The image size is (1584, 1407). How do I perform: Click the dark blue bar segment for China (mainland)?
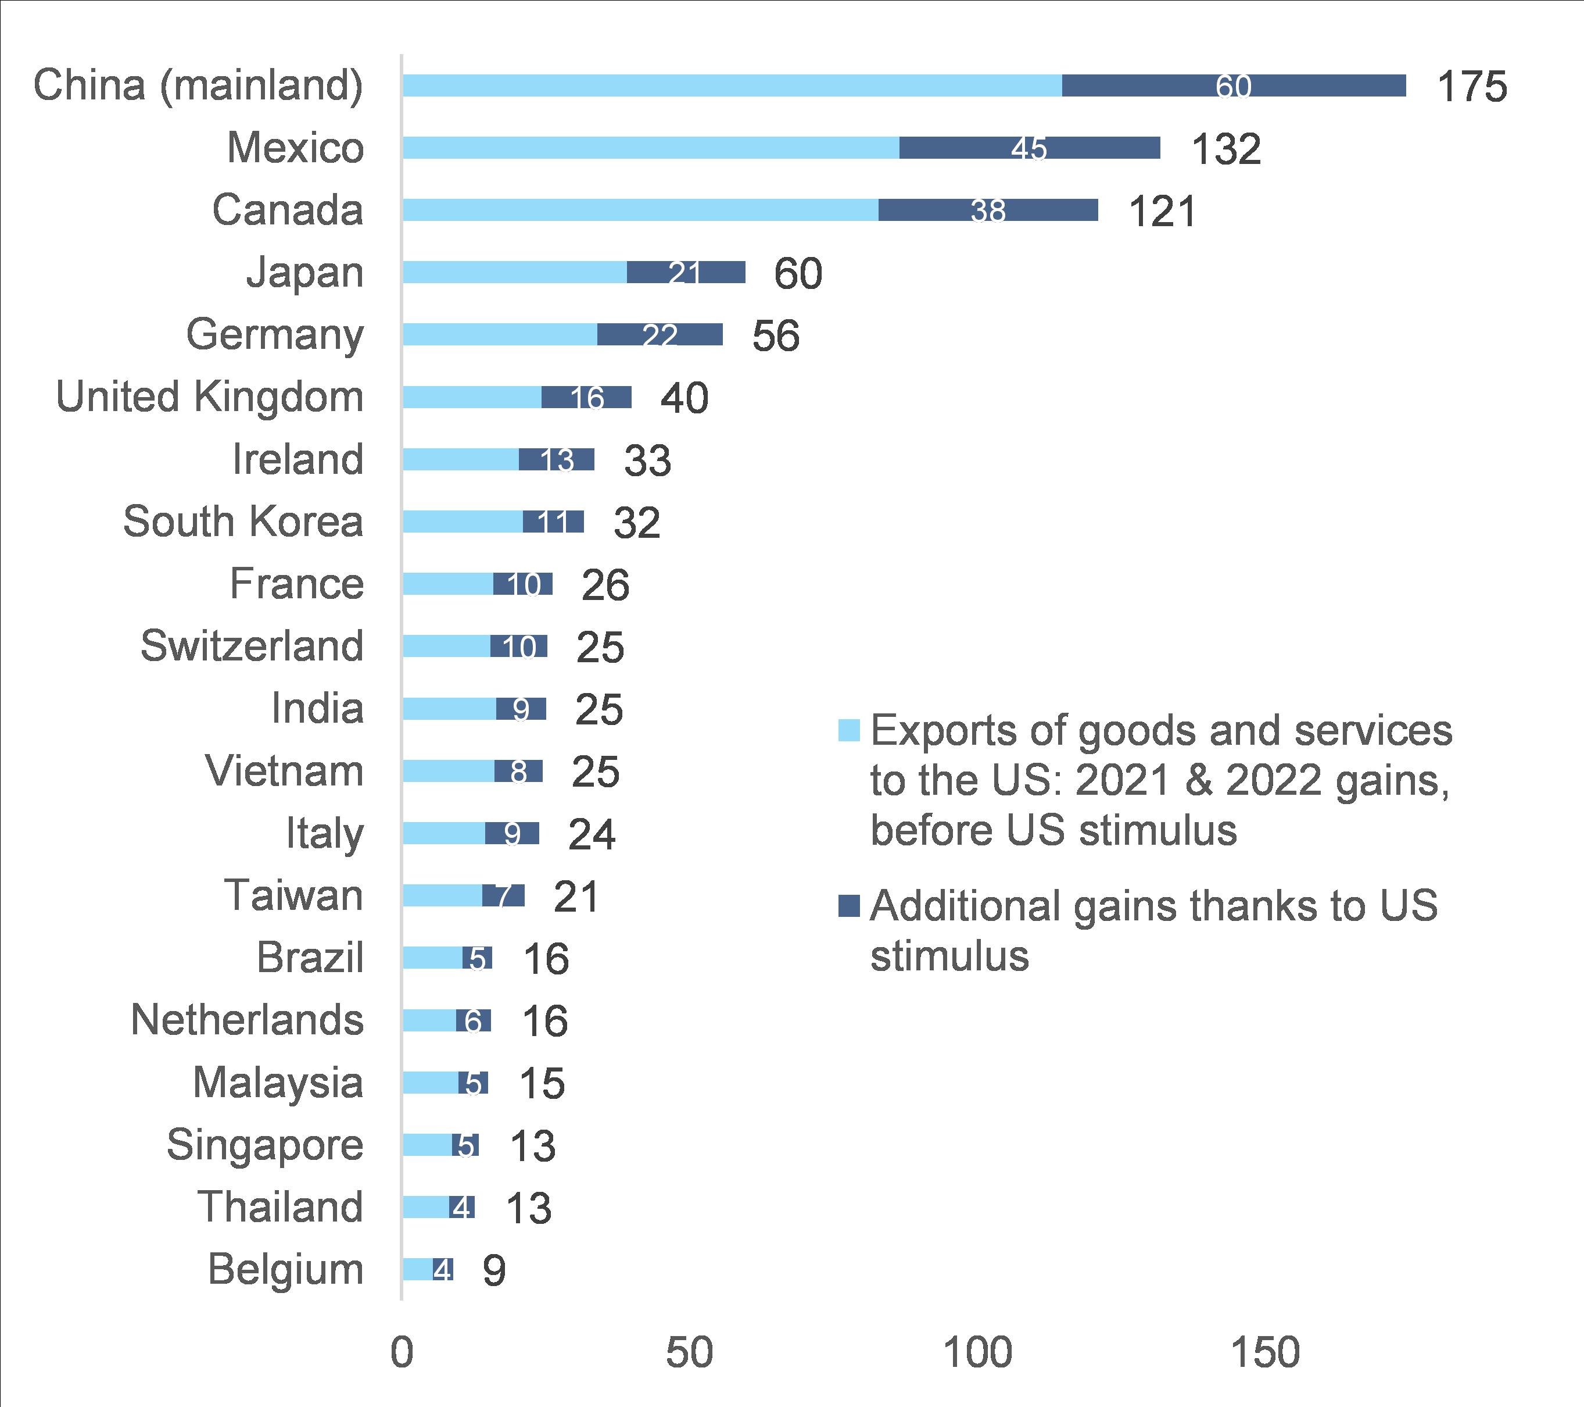1234,86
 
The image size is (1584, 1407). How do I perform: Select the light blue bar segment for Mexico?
651,148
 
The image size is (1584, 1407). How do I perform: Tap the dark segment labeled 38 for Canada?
988,210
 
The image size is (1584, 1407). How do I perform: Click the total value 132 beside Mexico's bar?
1226,149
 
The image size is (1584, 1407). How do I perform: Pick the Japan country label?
304,273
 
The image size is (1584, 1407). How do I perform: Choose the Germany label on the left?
274,335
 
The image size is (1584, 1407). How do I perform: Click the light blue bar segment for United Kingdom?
472,398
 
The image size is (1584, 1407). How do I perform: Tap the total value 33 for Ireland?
647,460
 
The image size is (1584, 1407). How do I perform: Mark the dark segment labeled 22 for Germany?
660,335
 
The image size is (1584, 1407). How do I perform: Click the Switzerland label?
252,646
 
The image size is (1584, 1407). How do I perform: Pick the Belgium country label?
285,1270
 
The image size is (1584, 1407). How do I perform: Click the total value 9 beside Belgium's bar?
494,1270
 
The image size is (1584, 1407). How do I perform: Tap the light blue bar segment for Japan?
515,273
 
